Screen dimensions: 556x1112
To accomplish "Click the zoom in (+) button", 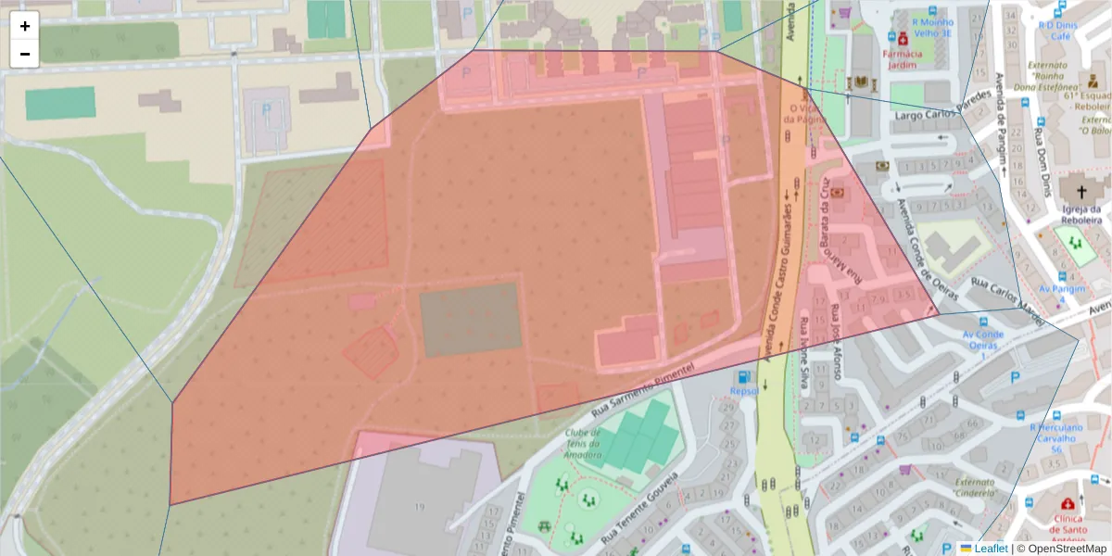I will (x=25, y=26).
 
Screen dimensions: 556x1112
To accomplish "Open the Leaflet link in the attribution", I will (x=991, y=549).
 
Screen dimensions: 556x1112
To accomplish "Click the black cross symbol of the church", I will (x=1080, y=192).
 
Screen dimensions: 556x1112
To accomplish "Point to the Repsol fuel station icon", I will (x=742, y=377).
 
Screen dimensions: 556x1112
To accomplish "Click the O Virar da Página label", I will (x=803, y=112).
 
